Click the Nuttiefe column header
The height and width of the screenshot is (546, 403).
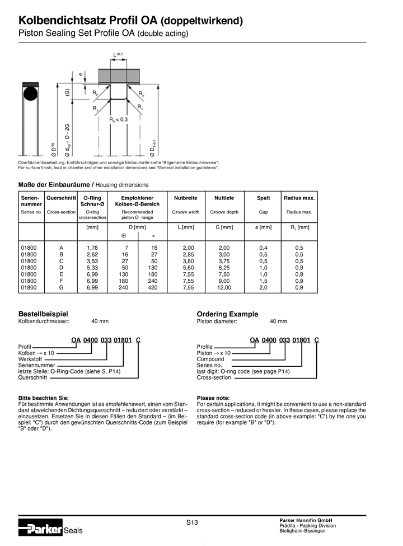pyautogui.click(x=224, y=198)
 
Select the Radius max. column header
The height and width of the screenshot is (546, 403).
pyautogui.click(x=299, y=198)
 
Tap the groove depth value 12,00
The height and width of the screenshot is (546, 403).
pyautogui.click(x=224, y=287)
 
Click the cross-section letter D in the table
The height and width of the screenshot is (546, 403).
pyautogui.click(x=61, y=267)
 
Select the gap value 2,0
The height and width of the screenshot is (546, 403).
pyautogui.click(x=263, y=287)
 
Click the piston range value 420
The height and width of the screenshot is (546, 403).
pyautogui.click(x=153, y=287)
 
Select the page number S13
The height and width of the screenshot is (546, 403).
pyautogui.click(x=192, y=522)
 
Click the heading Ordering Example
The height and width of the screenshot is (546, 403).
pyautogui.click(x=227, y=314)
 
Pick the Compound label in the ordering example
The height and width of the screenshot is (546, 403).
pyautogui.click(x=210, y=359)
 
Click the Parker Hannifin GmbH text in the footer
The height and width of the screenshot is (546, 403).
pyautogui.click(x=306, y=520)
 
